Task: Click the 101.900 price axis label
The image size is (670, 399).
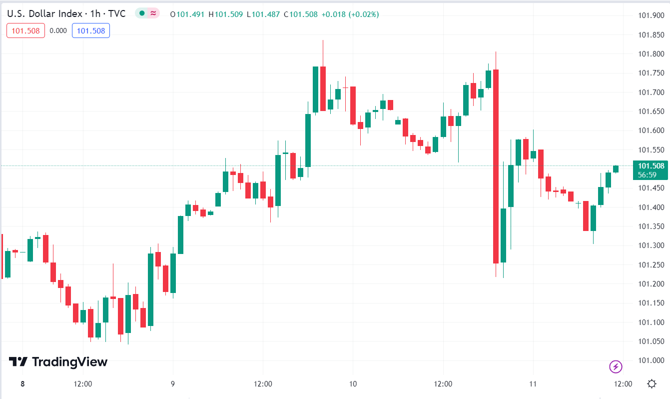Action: point(650,15)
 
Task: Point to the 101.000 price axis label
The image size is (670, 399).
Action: point(650,360)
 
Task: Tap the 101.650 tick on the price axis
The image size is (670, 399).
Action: point(650,111)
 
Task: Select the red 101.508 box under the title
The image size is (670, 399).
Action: point(25,30)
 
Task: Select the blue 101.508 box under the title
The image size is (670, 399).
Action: point(91,30)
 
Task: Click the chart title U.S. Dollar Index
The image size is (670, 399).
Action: point(41,14)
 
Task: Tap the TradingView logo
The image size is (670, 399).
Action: point(58,361)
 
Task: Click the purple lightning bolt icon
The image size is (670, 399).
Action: point(616,366)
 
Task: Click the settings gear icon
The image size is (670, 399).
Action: point(652,384)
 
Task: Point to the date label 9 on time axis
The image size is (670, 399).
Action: point(173,384)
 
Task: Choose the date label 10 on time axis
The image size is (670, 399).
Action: point(353,384)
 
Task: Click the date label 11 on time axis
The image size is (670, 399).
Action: point(533,384)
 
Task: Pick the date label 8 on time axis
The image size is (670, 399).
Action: point(22,384)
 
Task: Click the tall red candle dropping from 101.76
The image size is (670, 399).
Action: point(496,165)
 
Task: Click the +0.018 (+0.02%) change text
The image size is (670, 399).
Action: point(350,14)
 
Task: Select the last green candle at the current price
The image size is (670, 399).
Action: point(616,169)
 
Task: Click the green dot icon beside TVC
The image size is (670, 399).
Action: point(142,13)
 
